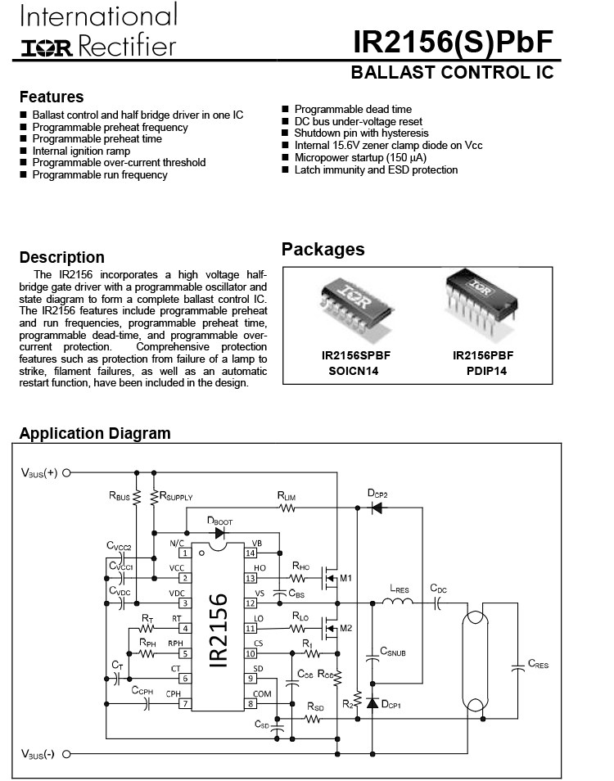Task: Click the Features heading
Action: (x=52, y=97)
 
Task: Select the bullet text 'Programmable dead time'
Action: (x=353, y=109)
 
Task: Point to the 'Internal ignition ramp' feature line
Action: (x=81, y=151)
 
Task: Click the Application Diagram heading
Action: (x=95, y=434)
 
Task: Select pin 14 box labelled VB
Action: (x=251, y=553)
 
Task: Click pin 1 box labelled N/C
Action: (x=185, y=553)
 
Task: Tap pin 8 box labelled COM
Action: (x=251, y=703)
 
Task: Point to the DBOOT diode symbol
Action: (x=219, y=532)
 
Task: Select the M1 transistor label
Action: (x=347, y=580)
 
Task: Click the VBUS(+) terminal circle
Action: (x=66, y=472)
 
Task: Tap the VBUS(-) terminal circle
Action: (x=66, y=753)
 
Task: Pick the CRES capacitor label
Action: (x=538, y=664)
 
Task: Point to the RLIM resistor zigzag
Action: (x=287, y=508)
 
